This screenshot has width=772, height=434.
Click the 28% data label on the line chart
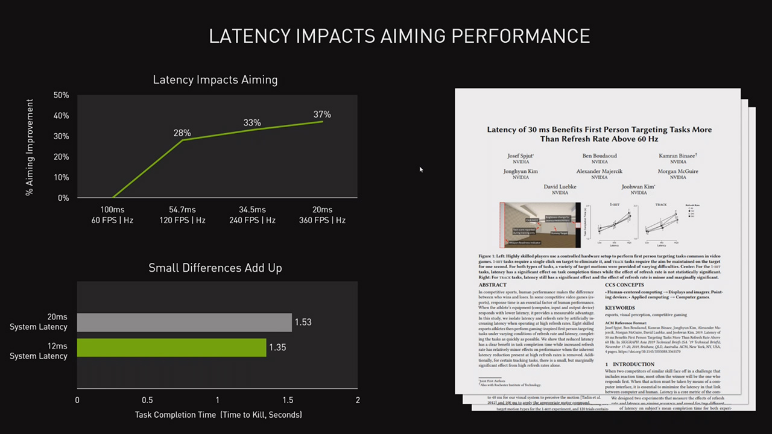[x=182, y=133]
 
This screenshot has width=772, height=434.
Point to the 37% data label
[x=322, y=115]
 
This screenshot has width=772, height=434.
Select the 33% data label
[x=252, y=123]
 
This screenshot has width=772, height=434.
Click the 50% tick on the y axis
[x=62, y=95]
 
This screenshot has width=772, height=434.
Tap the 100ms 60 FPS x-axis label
[x=112, y=215]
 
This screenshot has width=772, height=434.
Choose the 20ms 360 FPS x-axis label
[x=322, y=215]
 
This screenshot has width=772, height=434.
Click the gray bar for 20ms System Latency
[x=184, y=322]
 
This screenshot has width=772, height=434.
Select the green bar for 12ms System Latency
[x=171, y=347]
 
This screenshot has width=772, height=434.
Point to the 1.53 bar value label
[x=303, y=322]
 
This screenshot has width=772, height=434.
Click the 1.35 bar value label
[x=277, y=347]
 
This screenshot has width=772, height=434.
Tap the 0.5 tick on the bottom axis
[x=147, y=400]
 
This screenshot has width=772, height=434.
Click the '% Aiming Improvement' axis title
[x=30, y=148]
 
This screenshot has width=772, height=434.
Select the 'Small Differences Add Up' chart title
[x=215, y=268]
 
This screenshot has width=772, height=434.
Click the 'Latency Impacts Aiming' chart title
[x=215, y=80]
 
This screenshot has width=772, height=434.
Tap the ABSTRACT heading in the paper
[x=492, y=285]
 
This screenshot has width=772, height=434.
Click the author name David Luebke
[x=560, y=187]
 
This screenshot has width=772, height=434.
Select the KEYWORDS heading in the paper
[x=619, y=308]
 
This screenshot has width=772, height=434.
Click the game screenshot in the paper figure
[x=540, y=225]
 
